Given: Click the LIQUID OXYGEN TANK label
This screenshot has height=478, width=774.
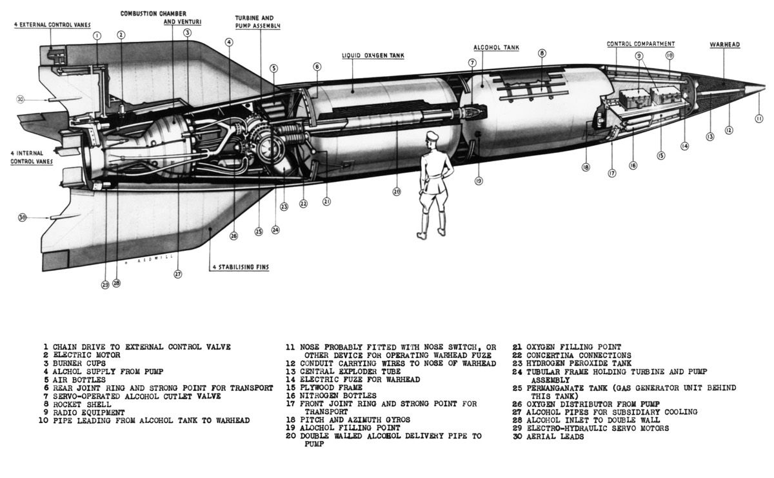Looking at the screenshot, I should point(373,56).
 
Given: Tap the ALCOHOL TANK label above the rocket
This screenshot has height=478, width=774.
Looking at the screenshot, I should point(496,48).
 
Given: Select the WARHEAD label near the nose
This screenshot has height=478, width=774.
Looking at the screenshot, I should point(724,45).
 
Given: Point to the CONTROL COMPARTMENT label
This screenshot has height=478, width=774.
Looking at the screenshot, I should point(640,44).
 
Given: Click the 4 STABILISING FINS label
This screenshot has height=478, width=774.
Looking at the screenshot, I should point(241,267).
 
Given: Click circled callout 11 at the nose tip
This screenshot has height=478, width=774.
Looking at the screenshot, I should point(759,118).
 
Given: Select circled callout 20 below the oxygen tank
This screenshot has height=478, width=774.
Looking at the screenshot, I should point(397,191).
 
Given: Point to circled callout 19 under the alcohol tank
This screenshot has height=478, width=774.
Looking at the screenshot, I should point(479,181).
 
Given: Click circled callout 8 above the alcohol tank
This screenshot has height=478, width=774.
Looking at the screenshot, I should point(542,53).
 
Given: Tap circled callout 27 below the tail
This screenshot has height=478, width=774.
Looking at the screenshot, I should point(178,274).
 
